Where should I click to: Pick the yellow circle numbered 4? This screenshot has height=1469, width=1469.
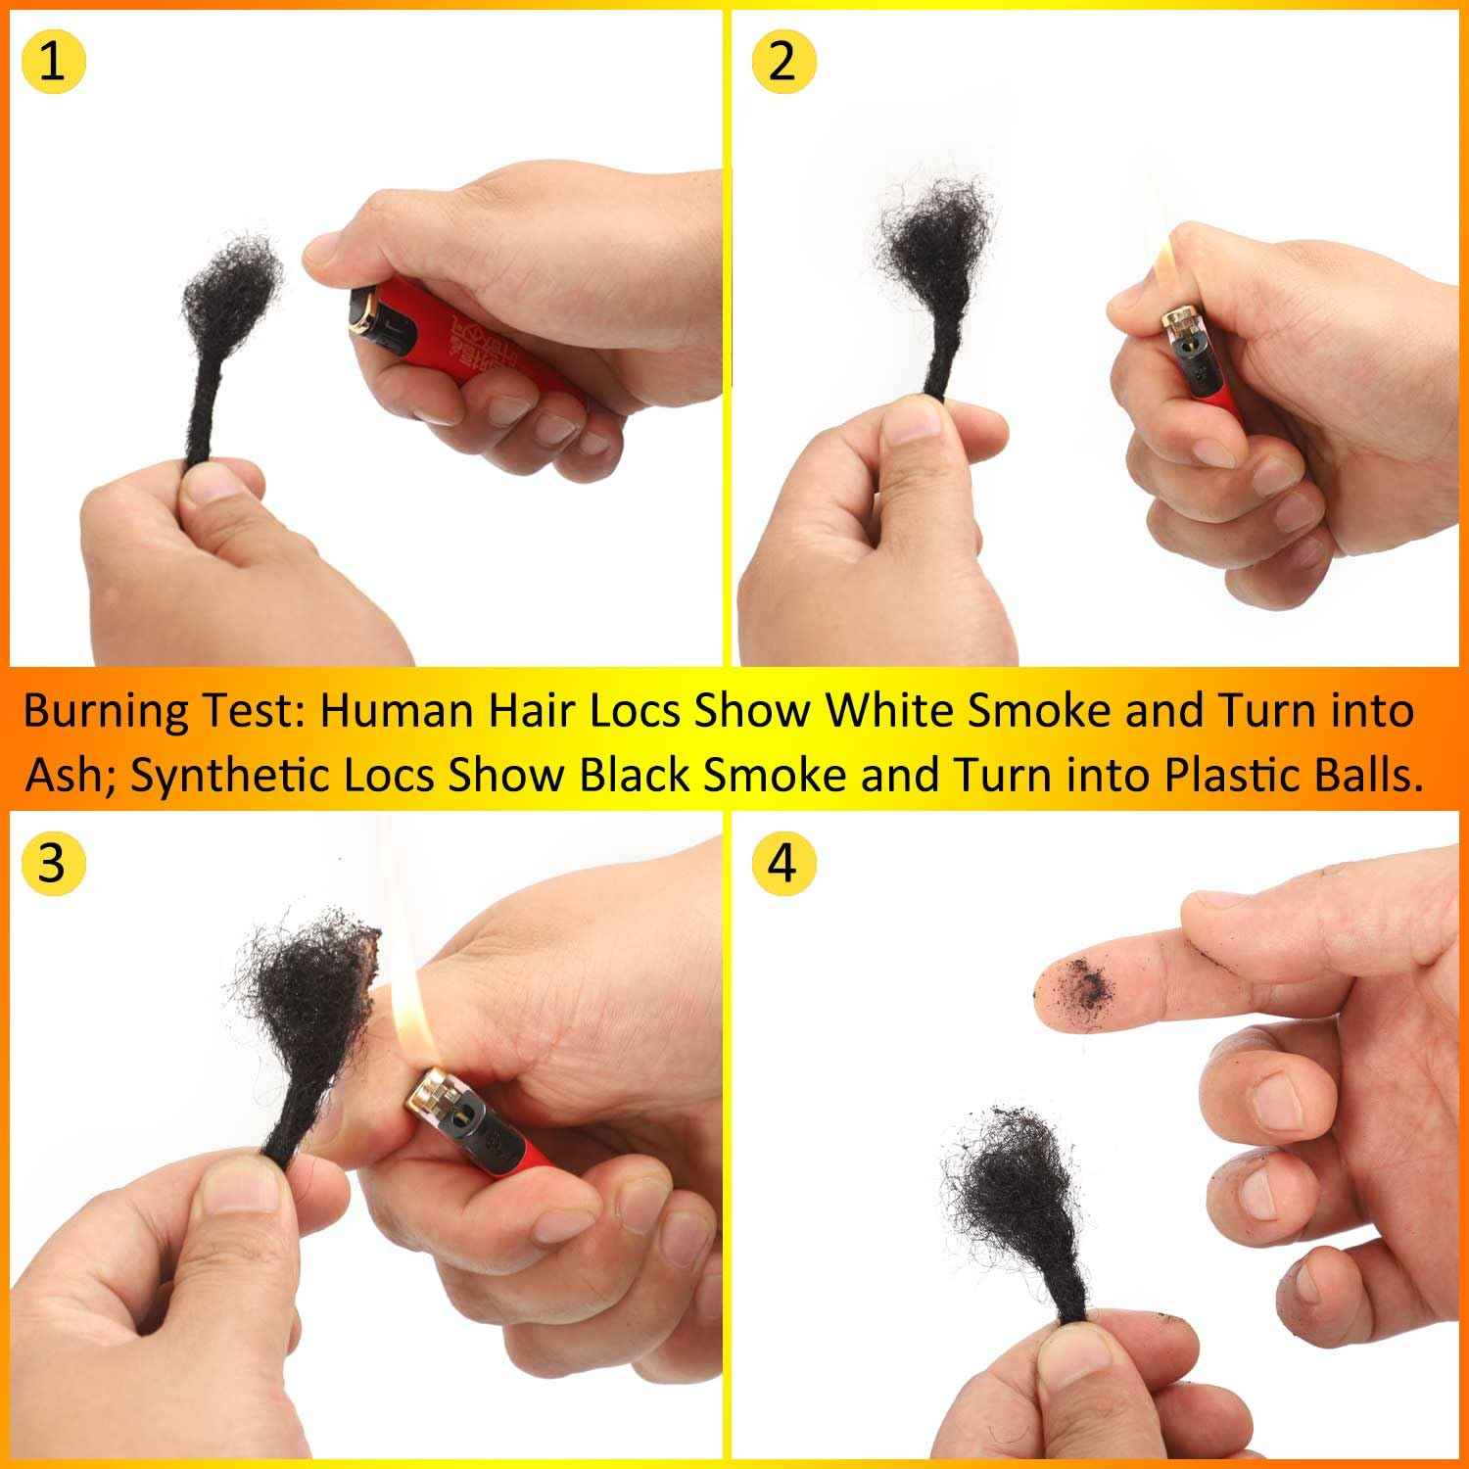coord(782,864)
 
